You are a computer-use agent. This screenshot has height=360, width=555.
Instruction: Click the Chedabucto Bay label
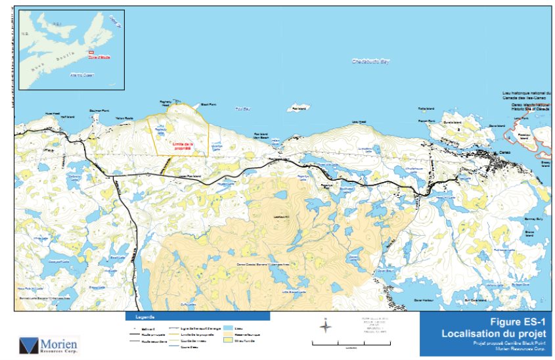tap(371, 61)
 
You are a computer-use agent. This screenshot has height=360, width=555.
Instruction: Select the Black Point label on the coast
tap(208, 104)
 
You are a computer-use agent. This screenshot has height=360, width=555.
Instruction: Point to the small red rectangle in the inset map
tap(91, 52)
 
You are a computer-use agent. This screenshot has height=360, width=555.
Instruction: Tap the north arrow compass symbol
tap(327, 326)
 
